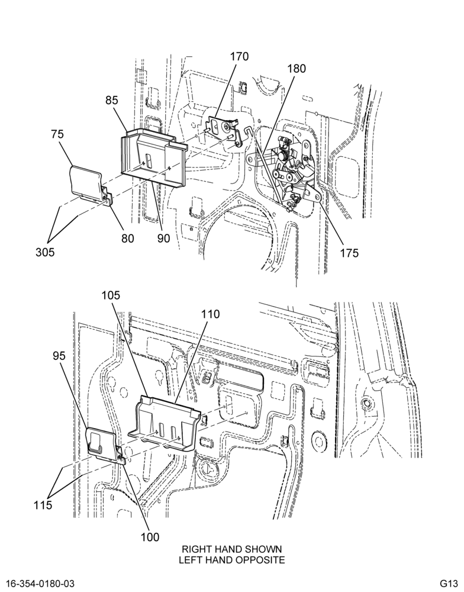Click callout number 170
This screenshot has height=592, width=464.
coord(239,57)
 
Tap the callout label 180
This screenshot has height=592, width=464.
coord(297,69)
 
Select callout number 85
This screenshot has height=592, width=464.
coord(112,101)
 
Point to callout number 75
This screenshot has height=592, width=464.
coord(57,134)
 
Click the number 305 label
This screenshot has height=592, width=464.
coord(46,252)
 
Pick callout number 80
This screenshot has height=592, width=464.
coord(128,238)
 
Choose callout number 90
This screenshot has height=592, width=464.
coord(163,238)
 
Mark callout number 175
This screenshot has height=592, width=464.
coord(349,253)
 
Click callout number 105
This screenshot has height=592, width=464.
coord(110,295)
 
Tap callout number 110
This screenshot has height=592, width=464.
coord(210,314)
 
